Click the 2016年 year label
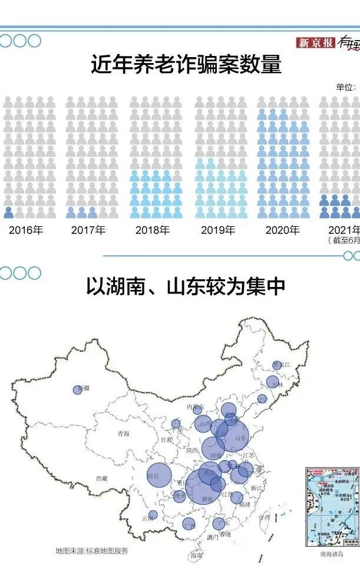(26, 230)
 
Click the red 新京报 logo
(316, 42)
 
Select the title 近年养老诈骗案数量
(186, 64)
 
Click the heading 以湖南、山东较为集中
(186, 287)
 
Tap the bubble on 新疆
(78, 390)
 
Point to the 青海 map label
(123, 434)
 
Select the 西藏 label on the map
(102, 478)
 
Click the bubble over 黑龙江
(277, 365)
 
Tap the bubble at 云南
(153, 515)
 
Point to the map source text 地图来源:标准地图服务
(92, 551)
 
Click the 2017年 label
(88, 230)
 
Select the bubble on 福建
(237, 498)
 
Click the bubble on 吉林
(272, 382)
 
